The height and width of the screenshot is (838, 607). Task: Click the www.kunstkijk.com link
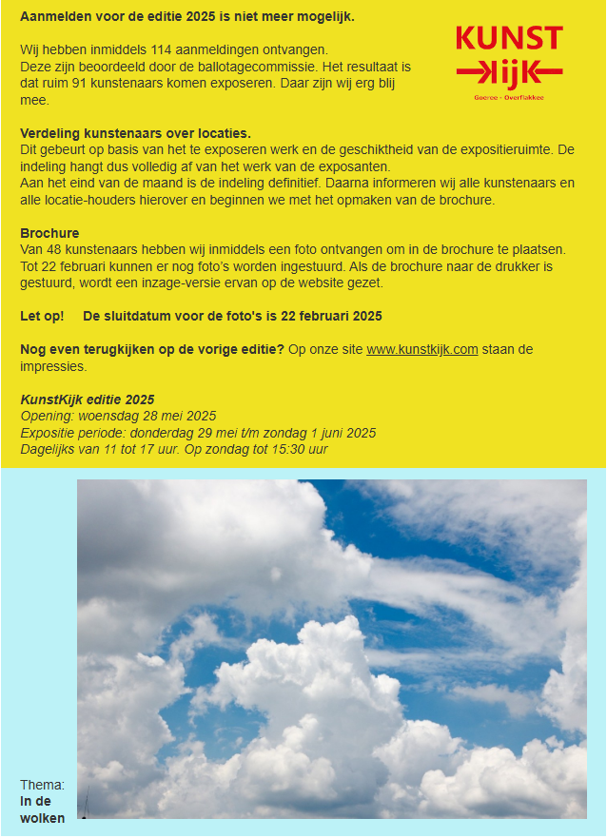tap(421, 350)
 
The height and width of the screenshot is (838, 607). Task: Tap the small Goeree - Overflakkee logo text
tap(508, 97)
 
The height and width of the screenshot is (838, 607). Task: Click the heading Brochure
tap(49, 233)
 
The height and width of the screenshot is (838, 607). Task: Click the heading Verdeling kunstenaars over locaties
tap(135, 133)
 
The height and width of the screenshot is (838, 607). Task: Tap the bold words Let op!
tap(42, 316)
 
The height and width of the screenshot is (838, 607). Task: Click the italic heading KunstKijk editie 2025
tap(88, 400)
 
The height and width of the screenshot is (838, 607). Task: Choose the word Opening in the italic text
tap(46, 416)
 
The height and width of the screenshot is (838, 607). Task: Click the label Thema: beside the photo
tap(43, 785)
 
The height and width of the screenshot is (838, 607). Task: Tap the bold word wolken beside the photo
tap(43, 818)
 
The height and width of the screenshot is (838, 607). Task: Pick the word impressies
tap(53, 366)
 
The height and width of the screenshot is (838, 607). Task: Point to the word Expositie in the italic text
tap(48, 433)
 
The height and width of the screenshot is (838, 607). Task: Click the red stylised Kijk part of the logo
tap(509, 72)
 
